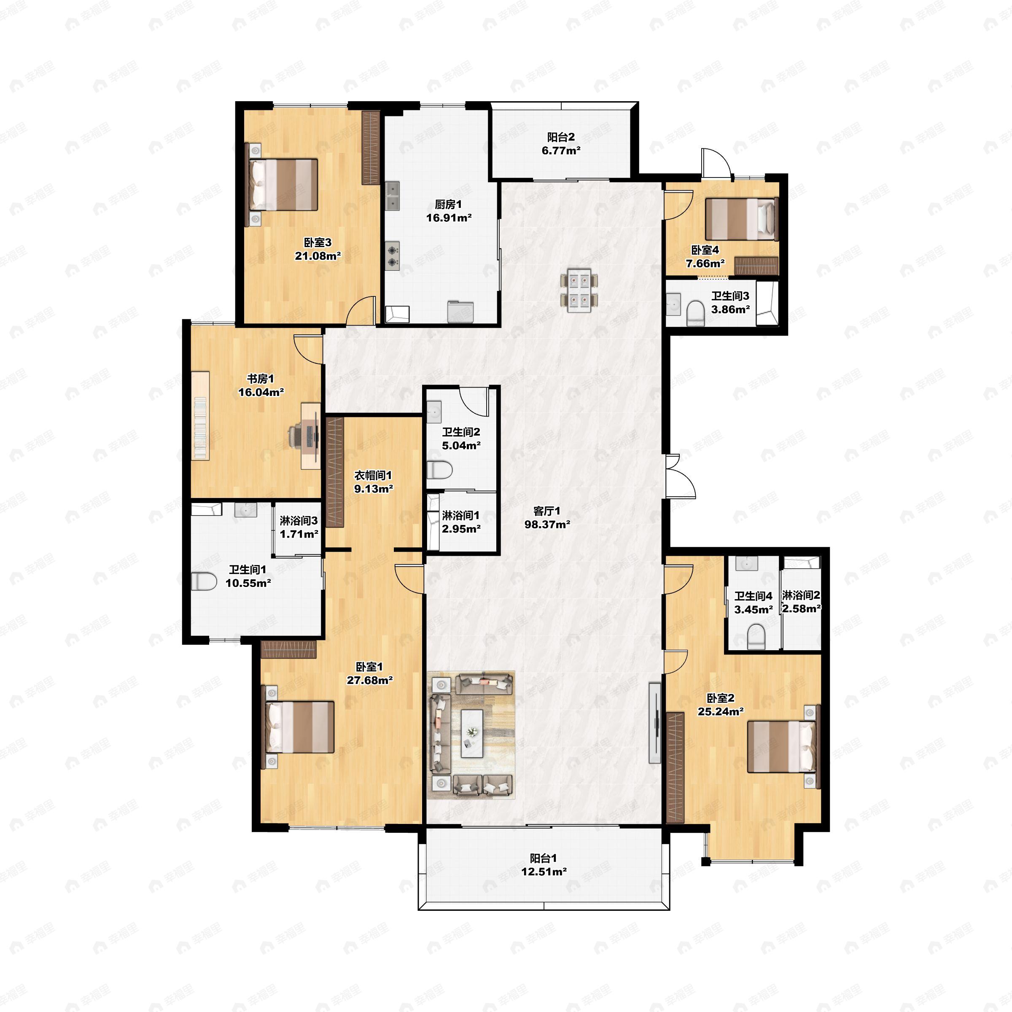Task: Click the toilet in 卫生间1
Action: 203,581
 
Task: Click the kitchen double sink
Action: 392,196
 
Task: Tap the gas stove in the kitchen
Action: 392,256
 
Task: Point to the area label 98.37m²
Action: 547,524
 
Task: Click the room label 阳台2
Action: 561,137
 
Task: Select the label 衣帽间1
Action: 373,475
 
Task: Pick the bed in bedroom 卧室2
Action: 781,747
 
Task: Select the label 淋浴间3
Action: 299,521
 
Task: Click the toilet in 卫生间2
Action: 439,470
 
